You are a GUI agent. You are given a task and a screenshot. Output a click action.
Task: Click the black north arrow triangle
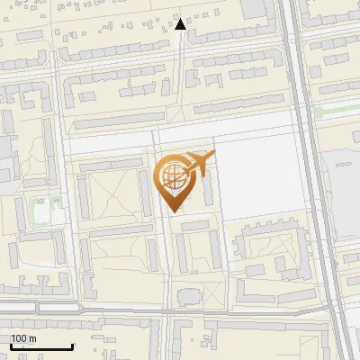click(x=180, y=24)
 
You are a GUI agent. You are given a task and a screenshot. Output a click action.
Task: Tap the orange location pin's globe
click(x=172, y=175)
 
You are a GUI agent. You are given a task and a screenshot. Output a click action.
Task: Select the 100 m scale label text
click(x=23, y=338)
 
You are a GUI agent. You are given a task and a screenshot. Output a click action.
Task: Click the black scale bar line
click(x=40, y=346)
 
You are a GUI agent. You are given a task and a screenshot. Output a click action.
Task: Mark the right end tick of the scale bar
click(x=72, y=344)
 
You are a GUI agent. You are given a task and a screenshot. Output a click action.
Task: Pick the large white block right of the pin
click(x=261, y=180)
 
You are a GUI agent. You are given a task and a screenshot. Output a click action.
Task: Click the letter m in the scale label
click(x=31, y=338)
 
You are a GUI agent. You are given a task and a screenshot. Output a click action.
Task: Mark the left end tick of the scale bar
click(x=10, y=344)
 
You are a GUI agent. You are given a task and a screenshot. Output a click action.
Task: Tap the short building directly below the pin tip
click(x=194, y=226)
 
